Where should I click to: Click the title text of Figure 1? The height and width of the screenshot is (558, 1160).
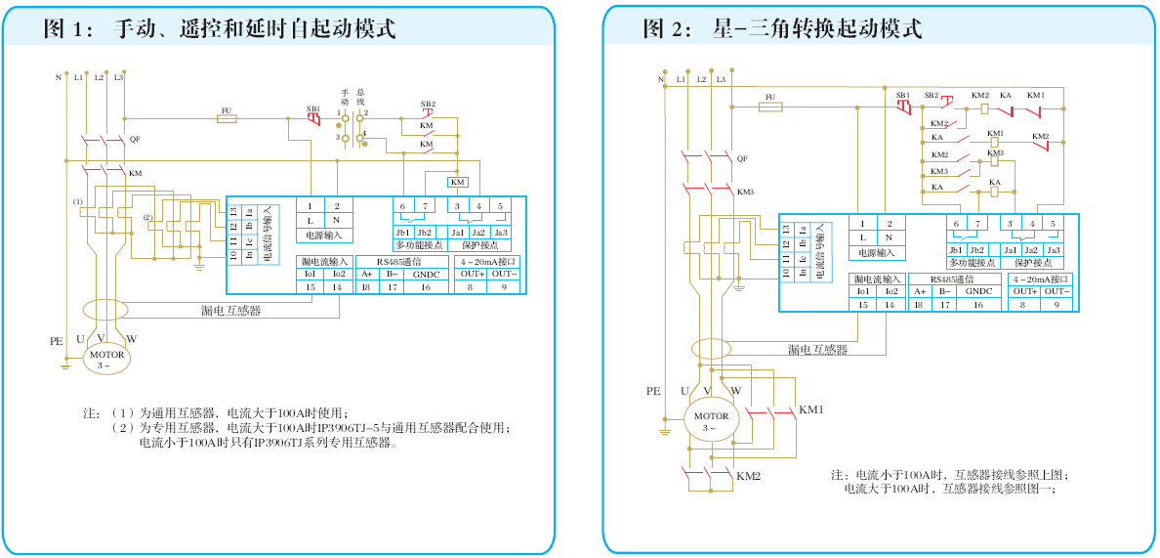pyautogui.click(x=220, y=28)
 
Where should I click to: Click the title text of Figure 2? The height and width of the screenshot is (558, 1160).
pyautogui.click(x=781, y=28)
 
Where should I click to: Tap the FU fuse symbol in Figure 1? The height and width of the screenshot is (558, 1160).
pyautogui.click(x=227, y=117)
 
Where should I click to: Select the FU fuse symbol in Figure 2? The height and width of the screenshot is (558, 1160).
pyautogui.click(x=770, y=105)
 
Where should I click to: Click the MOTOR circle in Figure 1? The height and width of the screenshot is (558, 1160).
pyautogui.click(x=106, y=359)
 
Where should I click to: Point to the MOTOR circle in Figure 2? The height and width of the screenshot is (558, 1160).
pyautogui.click(x=711, y=421)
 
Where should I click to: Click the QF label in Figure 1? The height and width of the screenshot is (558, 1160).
pyautogui.click(x=135, y=140)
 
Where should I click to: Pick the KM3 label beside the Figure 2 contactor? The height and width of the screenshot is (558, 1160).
pyautogui.click(x=745, y=192)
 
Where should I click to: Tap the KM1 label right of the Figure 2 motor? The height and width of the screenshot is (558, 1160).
pyautogui.click(x=811, y=409)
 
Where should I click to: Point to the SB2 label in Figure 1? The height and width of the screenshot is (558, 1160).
pyautogui.click(x=428, y=104)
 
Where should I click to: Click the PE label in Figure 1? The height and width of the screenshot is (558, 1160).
pyautogui.click(x=56, y=342)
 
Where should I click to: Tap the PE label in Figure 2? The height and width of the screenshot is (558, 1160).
pyautogui.click(x=653, y=391)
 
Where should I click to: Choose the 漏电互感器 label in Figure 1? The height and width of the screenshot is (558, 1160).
pyautogui.click(x=230, y=311)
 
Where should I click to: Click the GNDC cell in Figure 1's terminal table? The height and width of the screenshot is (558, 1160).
pyautogui.click(x=426, y=275)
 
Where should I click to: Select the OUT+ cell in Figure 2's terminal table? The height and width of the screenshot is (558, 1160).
pyautogui.click(x=1024, y=291)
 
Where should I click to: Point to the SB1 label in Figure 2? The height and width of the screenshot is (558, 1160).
pyautogui.click(x=902, y=95)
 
